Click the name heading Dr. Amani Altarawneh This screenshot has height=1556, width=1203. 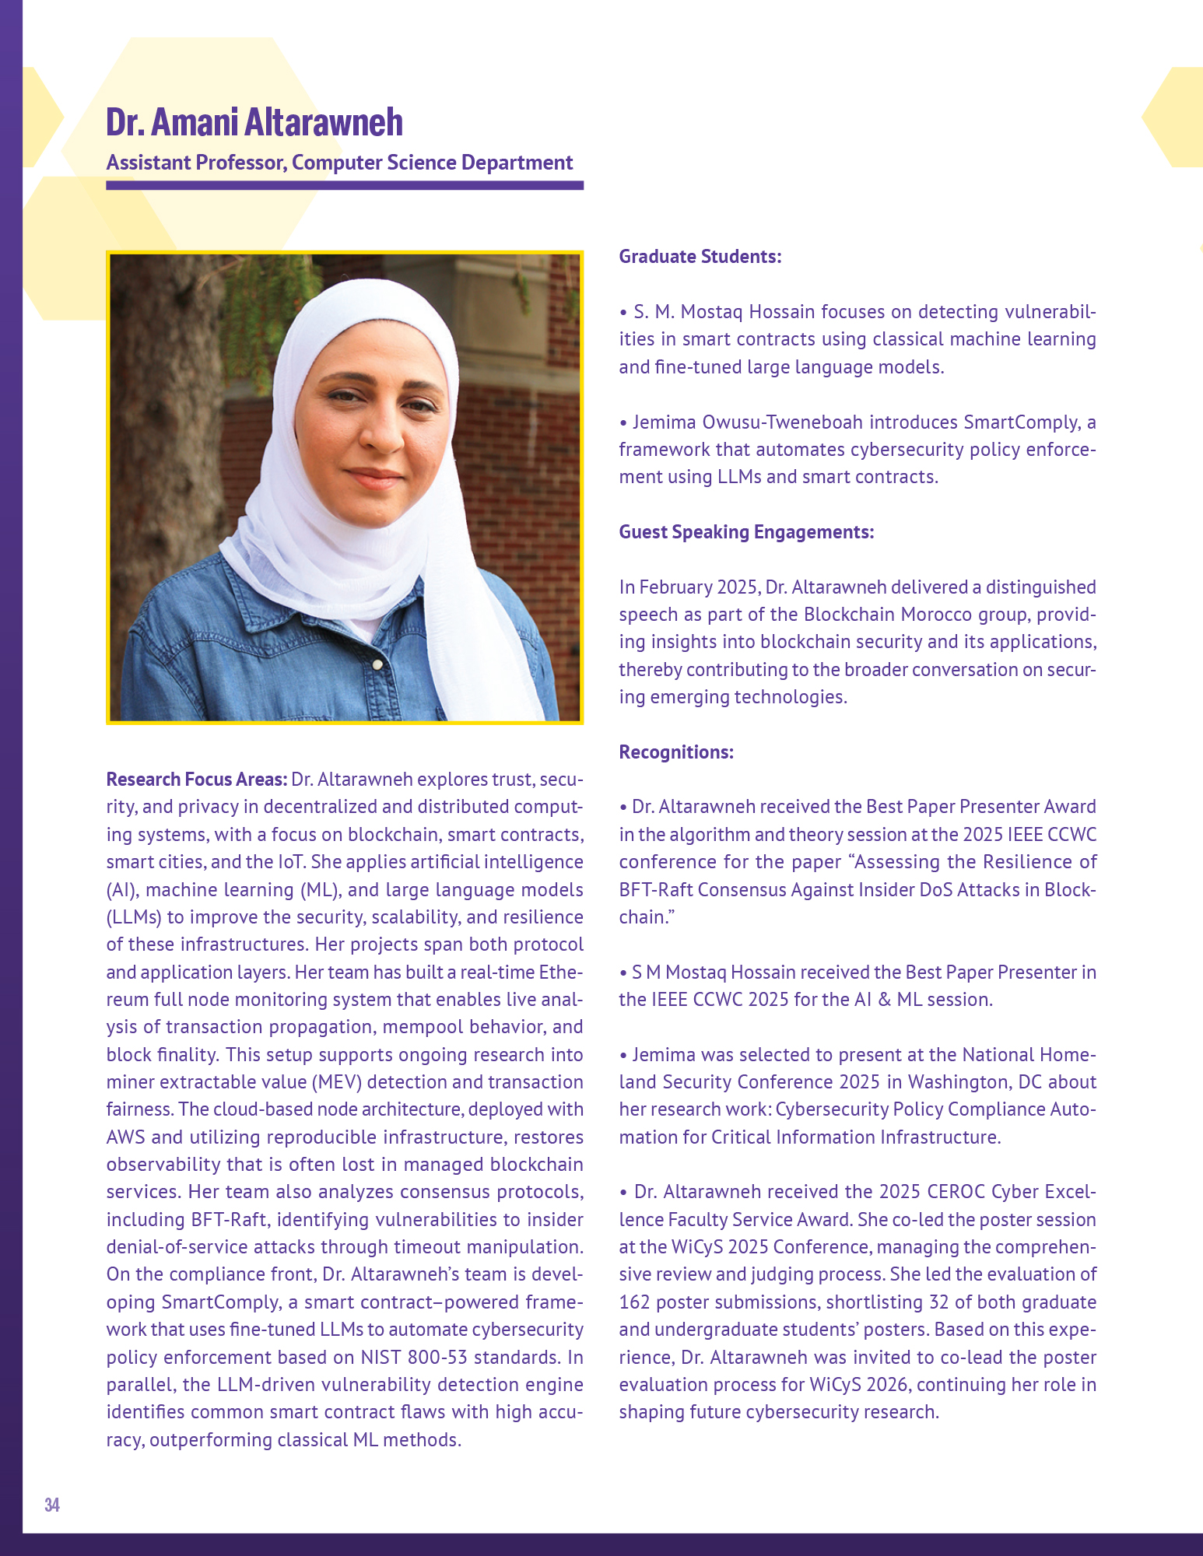pyautogui.click(x=254, y=122)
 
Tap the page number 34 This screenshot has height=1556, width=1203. pyautogui.click(x=52, y=1504)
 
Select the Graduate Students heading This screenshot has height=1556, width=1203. pyautogui.click(x=700, y=257)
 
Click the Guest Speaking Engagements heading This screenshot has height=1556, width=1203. pyautogui.click(x=746, y=532)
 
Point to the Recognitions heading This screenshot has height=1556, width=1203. pyautogui.click(x=675, y=752)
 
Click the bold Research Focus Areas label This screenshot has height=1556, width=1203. pyautogui.click(x=196, y=780)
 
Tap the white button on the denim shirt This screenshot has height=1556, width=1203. pyautogui.click(x=377, y=665)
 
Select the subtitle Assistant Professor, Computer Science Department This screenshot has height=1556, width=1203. pyautogui.click(x=339, y=163)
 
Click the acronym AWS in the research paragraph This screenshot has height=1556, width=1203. pyautogui.click(x=125, y=1137)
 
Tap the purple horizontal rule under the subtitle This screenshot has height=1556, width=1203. pyautogui.click(x=345, y=186)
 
